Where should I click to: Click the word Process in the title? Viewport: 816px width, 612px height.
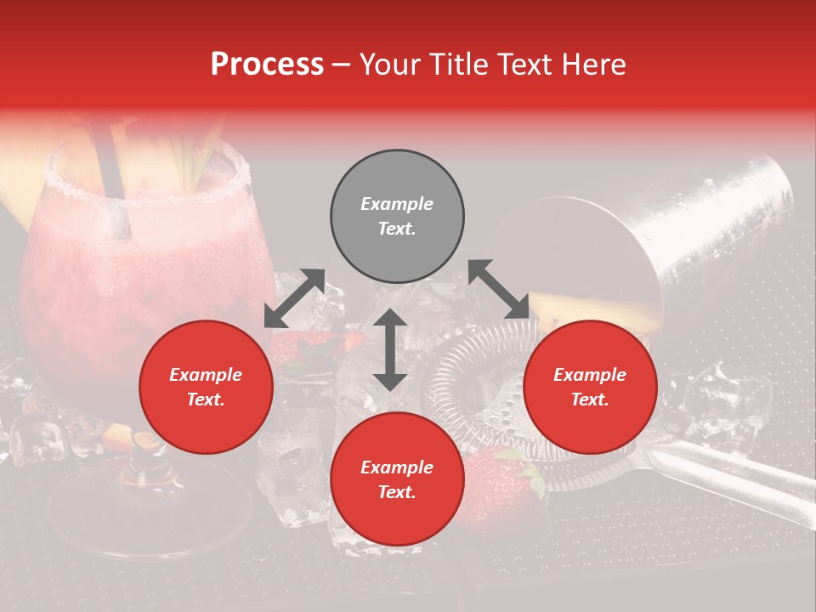point(267,65)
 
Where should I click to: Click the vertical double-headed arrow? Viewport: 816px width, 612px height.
point(390,349)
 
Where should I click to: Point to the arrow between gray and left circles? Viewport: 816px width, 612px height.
point(294,298)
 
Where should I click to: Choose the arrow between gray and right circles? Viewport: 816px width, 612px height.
point(499,289)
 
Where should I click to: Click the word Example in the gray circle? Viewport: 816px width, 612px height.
point(397,204)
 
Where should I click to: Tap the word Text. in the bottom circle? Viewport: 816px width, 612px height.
point(397,492)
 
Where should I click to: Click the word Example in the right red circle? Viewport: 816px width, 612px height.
point(590,375)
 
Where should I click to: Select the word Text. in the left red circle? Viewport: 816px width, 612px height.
point(206,399)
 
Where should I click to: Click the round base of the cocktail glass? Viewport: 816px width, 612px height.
point(127,510)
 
